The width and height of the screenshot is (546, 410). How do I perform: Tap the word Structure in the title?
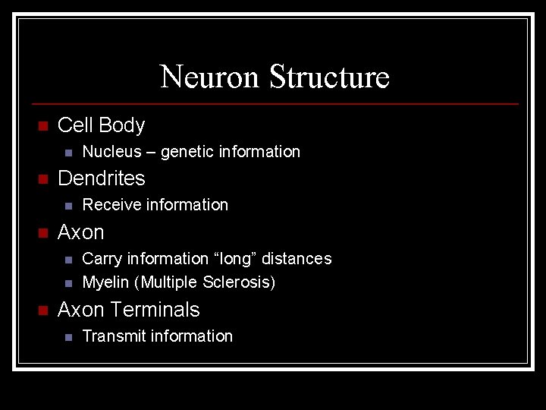[x=330, y=77]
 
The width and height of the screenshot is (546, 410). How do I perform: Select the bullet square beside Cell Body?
[x=42, y=126]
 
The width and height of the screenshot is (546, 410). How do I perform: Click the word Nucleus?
[x=111, y=152]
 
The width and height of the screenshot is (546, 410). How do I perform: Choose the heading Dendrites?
[x=101, y=178]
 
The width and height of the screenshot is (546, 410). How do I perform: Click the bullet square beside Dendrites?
[x=42, y=179]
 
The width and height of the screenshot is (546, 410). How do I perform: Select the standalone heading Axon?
[x=80, y=232]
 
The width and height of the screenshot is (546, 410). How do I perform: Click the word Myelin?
[x=105, y=283]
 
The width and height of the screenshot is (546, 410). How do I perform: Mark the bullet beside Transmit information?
[x=67, y=337]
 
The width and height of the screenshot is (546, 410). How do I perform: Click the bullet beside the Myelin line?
[x=67, y=284]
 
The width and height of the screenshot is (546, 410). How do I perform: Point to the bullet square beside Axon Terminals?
[x=42, y=311]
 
